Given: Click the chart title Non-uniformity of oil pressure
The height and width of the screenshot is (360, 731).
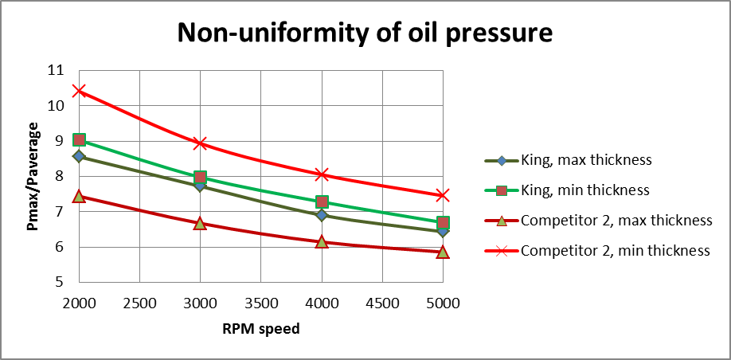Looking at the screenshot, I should point(365,33).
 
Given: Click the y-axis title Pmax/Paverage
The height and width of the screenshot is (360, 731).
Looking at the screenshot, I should point(33,177).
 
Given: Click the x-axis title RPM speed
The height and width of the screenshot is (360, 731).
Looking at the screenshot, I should point(260,328).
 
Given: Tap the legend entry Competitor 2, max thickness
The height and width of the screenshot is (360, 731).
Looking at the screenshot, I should point(616,220).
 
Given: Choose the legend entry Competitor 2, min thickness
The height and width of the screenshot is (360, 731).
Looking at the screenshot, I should point(614,250).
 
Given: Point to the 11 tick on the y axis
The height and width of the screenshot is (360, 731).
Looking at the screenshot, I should point(56,70).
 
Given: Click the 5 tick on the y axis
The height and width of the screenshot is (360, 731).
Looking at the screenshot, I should point(60,282).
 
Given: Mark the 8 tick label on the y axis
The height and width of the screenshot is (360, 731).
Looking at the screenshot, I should point(60,176).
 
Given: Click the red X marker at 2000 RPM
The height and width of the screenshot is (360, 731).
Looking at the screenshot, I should point(79,91).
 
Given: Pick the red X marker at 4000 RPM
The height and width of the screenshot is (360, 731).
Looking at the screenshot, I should point(322,174).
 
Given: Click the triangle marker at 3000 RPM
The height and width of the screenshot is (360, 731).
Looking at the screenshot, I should point(200,224).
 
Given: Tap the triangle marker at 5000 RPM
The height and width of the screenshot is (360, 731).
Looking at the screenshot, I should point(443,252).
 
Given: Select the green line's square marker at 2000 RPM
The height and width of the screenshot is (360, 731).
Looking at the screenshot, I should point(79,140).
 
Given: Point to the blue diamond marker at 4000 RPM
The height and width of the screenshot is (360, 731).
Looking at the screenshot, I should point(322,215).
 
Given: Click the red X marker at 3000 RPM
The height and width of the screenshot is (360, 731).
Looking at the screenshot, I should point(200,143).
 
